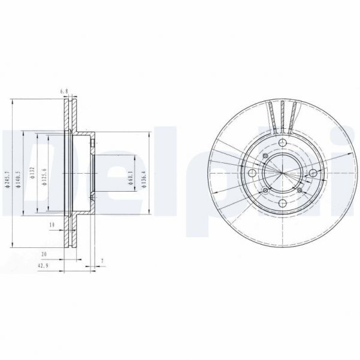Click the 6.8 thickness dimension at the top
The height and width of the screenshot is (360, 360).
coord(65,91)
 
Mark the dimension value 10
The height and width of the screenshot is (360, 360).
coord(52,225)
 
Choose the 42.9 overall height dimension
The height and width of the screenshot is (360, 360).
coord(43,265)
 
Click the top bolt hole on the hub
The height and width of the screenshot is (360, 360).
coord(282,142)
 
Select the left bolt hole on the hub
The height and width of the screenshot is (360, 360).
coord(250,173)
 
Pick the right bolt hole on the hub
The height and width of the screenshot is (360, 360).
coord(313,173)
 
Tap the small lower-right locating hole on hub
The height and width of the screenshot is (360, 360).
coord(298,190)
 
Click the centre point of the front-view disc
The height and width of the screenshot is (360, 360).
coord(282,173)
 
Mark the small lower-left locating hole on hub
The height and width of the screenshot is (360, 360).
coord(265,190)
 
